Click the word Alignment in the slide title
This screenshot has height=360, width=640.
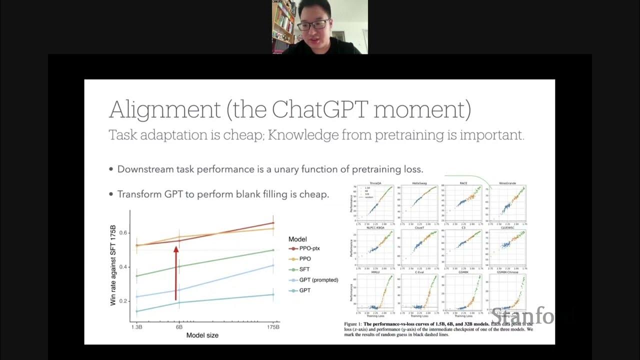(x=164, y=110)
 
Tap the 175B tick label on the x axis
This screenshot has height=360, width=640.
(x=273, y=327)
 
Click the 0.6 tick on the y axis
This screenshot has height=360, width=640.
(x=123, y=232)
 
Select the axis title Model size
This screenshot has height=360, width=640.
(x=202, y=335)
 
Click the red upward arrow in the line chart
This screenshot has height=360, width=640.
(x=176, y=272)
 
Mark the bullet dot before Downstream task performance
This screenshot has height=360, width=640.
(x=111, y=169)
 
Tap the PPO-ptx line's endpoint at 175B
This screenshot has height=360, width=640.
(x=273, y=223)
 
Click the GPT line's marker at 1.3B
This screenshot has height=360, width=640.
(x=137, y=311)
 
